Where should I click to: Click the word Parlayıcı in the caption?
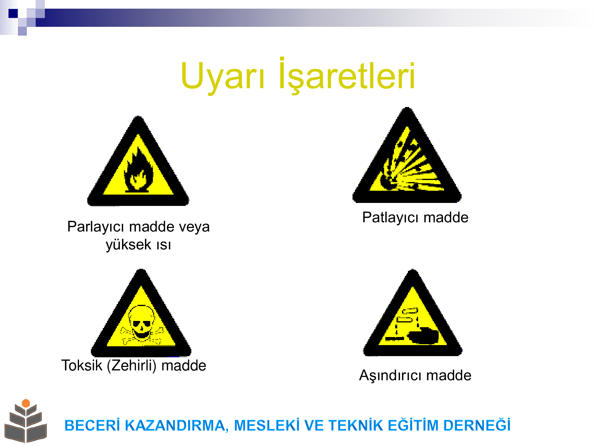pos(95,227)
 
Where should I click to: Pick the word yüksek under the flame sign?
pos(128,245)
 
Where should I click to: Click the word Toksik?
pos(82,365)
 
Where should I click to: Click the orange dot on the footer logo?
pos(26,403)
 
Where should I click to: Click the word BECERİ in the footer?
pos(92,425)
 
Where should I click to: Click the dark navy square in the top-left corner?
pos(13,13)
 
